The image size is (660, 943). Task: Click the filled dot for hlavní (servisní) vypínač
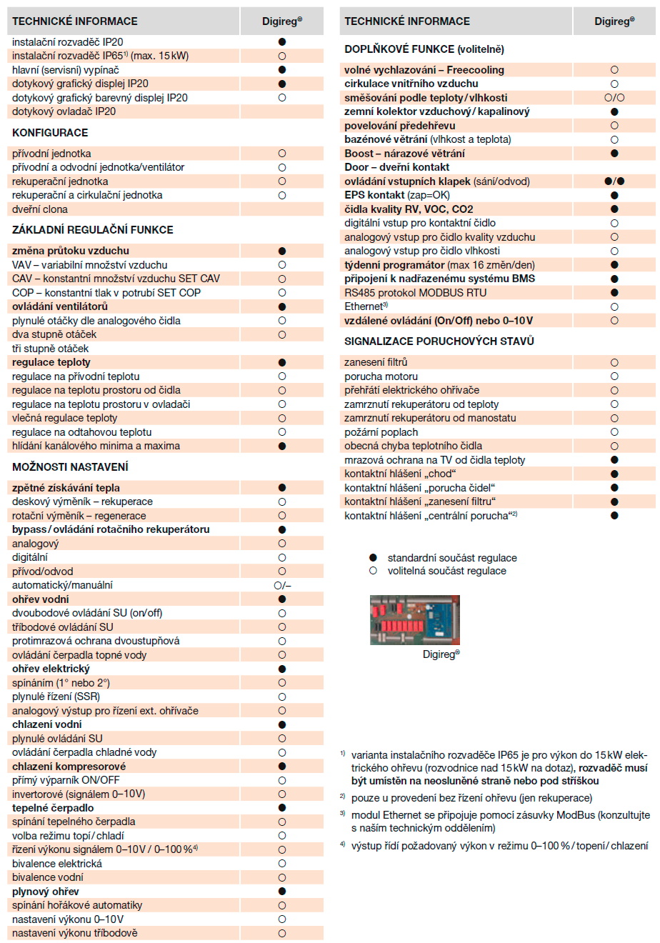coord(282,70)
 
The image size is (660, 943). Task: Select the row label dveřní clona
coord(40,209)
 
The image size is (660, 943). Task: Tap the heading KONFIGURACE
coord(50,133)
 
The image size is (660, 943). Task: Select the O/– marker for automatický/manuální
coord(282,585)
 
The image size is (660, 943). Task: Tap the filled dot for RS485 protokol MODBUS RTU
coord(614,293)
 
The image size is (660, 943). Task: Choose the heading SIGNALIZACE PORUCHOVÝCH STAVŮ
coord(439,341)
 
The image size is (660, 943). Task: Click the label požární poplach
coord(381,432)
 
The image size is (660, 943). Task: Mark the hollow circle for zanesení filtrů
coord(614,363)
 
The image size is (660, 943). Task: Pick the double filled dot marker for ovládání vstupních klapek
coord(614,181)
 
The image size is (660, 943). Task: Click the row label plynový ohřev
coord(46,892)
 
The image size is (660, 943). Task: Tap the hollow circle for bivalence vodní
coord(282,877)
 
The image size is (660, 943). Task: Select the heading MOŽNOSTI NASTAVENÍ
coord(70,467)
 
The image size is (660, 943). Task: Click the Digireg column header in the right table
coord(614,21)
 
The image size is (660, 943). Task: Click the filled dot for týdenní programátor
coord(614,265)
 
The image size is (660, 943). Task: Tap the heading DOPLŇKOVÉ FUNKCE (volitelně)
coord(424,49)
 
